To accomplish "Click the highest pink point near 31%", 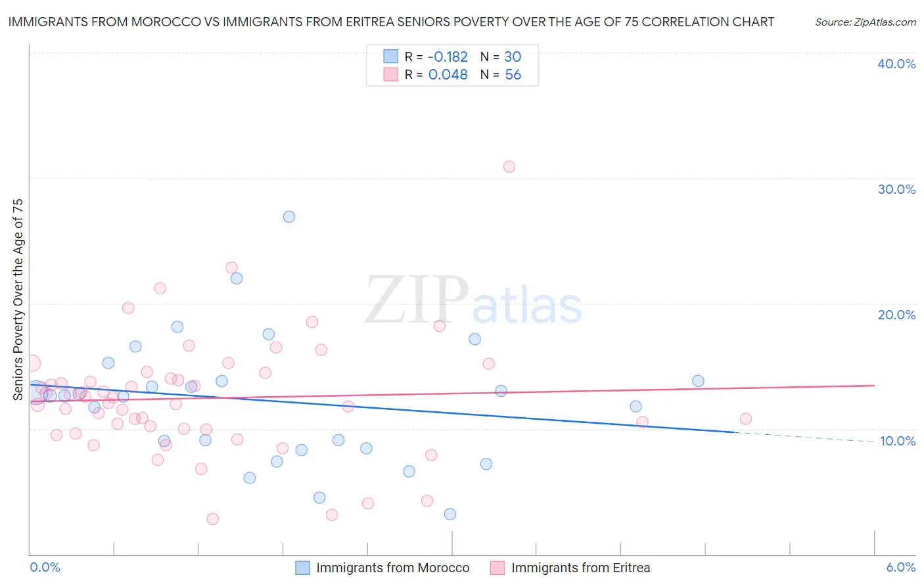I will pos(509,167).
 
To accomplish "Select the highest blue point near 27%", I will pos(289,217).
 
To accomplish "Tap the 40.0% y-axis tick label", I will pos(896,64).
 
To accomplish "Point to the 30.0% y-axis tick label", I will pos(896,189).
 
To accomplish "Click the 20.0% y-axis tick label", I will pos(896,315).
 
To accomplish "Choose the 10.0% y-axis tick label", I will pos(898,441).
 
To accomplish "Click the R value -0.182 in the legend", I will pos(448,57).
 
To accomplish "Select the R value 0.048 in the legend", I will pos(448,75).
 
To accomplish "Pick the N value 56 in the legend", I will pos(513,75).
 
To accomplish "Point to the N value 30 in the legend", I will pos(513,57).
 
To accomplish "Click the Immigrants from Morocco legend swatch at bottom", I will pos(302,568).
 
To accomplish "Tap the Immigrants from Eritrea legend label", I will pos(580,568).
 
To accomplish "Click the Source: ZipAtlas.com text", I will pos(866,22).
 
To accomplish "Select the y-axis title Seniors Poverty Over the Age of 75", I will pos(18,300).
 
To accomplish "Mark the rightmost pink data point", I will pos(745,419).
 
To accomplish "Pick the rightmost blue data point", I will pos(698,381).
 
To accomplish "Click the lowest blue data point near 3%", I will pos(450,514).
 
